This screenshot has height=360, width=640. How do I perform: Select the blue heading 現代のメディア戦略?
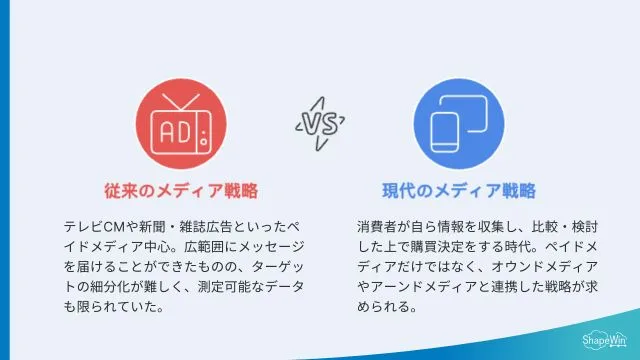[459, 190]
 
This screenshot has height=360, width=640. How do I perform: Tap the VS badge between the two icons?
[319, 123]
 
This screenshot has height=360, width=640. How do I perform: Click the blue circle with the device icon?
[459, 125]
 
